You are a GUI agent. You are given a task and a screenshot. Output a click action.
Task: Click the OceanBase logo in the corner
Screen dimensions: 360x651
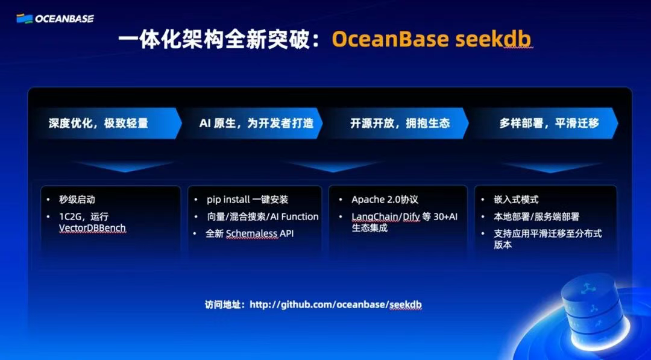click(55, 18)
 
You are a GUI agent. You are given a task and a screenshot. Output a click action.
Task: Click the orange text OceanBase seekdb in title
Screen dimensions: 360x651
click(432, 39)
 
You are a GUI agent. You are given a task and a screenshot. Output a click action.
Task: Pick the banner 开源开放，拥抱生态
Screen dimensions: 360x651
click(400, 123)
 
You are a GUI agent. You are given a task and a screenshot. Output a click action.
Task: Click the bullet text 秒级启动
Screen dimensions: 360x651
click(77, 200)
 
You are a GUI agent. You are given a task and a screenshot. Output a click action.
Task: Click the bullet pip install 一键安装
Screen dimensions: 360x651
click(247, 200)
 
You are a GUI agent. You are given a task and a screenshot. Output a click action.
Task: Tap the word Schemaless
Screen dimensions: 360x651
click(251, 233)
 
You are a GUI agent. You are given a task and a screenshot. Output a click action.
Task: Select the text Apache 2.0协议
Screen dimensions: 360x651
click(385, 200)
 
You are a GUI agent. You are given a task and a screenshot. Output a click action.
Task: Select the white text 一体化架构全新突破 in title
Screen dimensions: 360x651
click(220, 39)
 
